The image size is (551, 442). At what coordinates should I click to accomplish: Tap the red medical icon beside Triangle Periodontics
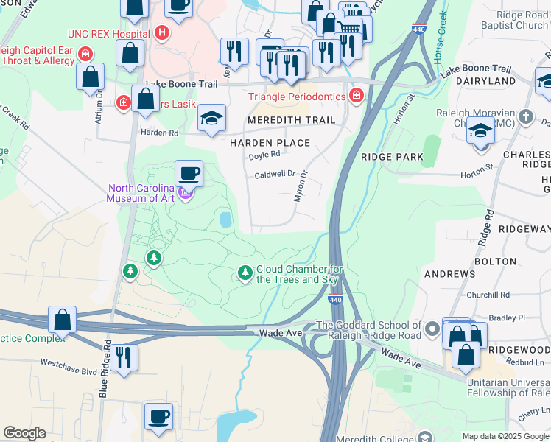pyautogui.click(x=357, y=96)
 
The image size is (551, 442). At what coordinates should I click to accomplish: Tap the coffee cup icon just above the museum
pyautogui.click(x=189, y=174)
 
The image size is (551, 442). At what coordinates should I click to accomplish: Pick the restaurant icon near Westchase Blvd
pyautogui.click(x=125, y=357)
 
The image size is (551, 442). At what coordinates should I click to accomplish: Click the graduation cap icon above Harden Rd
pyautogui.click(x=211, y=118)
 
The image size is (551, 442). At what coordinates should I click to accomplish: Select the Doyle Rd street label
pyautogui.click(x=264, y=155)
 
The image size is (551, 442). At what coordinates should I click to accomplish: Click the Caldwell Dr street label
pyautogui.click(x=274, y=175)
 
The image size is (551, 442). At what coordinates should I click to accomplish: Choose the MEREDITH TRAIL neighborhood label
pyautogui.click(x=291, y=120)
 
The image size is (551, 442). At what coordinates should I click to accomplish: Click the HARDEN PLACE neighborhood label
pyautogui.click(x=269, y=142)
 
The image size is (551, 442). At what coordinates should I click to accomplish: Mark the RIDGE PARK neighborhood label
pyautogui.click(x=392, y=157)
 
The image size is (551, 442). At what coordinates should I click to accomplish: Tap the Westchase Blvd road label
pyautogui.click(x=69, y=363)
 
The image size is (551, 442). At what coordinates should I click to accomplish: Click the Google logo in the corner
pyautogui.click(x=24, y=433)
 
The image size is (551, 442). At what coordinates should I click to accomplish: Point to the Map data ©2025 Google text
pyautogui.click(x=505, y=436)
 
